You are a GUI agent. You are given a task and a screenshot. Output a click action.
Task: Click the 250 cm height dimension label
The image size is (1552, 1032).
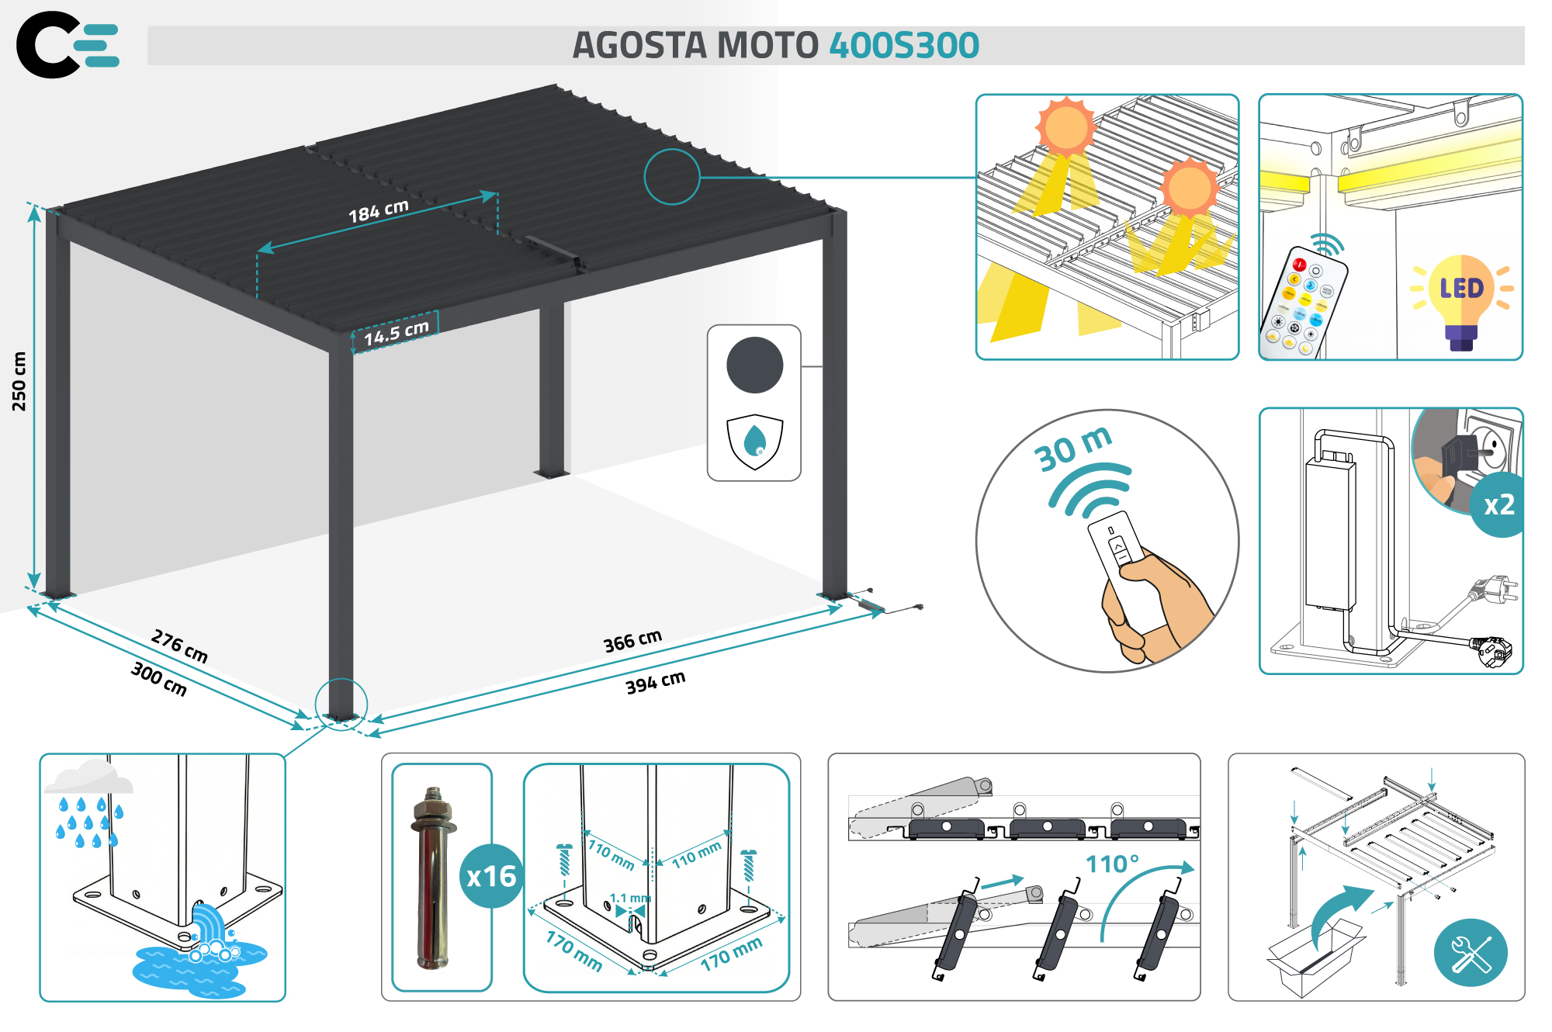point(19,381)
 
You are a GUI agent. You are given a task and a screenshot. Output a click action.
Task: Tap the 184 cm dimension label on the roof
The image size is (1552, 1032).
point(378,211)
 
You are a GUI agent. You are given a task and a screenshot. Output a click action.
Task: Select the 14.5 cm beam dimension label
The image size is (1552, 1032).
point(396,333)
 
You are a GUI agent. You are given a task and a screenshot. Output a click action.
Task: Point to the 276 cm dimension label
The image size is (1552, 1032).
point(179,646)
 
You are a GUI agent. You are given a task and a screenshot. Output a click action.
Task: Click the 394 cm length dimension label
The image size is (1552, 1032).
point(655,682)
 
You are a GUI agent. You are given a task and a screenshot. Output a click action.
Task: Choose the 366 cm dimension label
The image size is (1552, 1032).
point(632,641)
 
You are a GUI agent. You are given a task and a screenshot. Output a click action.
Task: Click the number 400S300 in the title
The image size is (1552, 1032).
point(904,46)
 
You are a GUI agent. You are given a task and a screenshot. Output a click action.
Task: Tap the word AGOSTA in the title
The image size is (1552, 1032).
point(639,46)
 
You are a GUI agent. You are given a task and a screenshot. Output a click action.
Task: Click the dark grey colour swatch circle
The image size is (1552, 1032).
point(754,365)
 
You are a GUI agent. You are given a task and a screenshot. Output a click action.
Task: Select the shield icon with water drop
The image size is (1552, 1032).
point(754,442)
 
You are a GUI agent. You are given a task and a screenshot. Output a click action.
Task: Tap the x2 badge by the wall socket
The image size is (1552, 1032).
point(1498,505)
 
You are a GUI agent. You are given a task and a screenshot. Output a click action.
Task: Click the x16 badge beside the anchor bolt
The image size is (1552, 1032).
point(491,876)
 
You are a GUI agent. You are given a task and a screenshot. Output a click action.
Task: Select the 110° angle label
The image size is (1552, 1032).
point(1112,864)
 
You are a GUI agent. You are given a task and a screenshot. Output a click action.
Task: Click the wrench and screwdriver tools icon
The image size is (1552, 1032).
point(1471,953)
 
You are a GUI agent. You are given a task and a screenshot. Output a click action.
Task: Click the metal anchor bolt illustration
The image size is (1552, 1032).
point(433,878)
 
